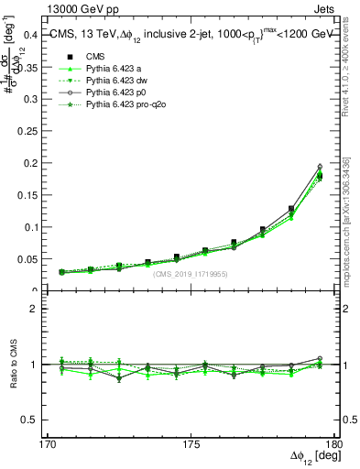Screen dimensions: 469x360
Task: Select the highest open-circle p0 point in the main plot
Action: [320, 167]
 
